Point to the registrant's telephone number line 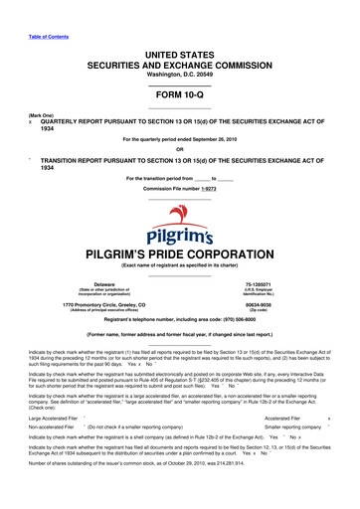(180, 323)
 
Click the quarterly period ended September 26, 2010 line (180, 140)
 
